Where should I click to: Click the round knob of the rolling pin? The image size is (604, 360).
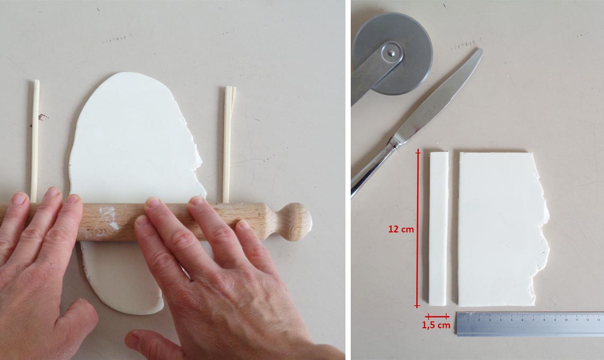pos(297,222)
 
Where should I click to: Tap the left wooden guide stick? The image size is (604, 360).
pos(35,141)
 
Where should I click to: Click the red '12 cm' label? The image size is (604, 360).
pos(401,229)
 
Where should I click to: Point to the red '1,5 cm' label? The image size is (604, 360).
pos(436,326)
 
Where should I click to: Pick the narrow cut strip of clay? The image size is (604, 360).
pos(439,229)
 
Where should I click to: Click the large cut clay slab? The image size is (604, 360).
pos(501,229)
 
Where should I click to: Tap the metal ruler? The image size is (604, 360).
pos(530,324)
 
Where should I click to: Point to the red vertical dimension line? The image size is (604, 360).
pos(417,229)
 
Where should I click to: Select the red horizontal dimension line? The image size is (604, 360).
pos(437,317)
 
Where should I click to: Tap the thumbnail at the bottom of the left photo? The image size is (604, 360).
pos(131,337)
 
